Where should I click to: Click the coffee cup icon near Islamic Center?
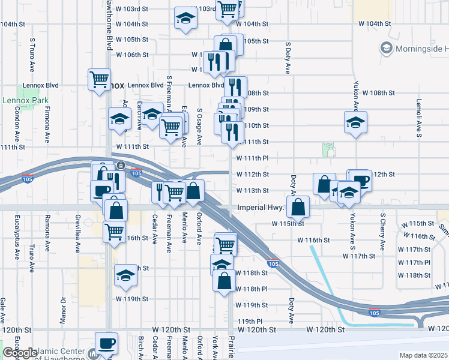pyautogui.click(x=107, y=344)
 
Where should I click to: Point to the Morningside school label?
pyautogui.click(x=417, y=47)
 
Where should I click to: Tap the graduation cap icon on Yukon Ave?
pyautogui.click(x=356, y=122)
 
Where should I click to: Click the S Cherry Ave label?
pyautogui.click(x=382, y=231)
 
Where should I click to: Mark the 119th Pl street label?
pyautogui.click(x=251, y=321)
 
